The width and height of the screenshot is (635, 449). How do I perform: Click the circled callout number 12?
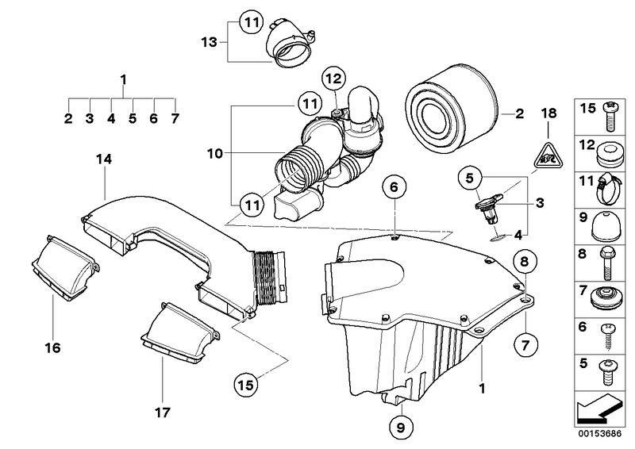333,79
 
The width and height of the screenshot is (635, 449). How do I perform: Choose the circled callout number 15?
245,386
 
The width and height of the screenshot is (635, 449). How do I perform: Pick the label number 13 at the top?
207,40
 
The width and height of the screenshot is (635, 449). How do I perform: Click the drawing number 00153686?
600,435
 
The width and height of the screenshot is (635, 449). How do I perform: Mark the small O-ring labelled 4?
496,236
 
